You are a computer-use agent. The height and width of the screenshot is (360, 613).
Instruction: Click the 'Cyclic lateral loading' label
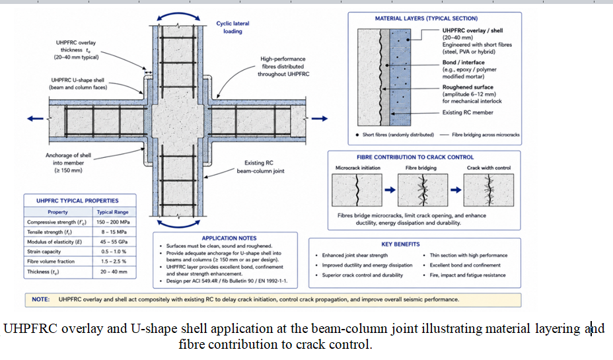coord(233,27)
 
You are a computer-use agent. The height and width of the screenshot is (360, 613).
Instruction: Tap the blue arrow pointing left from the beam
coord(35,118)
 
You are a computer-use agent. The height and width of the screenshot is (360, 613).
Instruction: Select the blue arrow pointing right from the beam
coord(320,118)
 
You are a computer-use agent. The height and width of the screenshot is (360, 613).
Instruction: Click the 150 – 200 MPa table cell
coord(113,222)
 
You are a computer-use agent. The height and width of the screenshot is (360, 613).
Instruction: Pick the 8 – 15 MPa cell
coord(114,232)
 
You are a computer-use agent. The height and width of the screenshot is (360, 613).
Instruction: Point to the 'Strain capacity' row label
coord(44,252)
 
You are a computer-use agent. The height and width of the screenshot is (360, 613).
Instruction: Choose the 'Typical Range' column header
coord(112,212)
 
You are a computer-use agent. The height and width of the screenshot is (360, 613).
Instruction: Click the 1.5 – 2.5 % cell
coord(114,261)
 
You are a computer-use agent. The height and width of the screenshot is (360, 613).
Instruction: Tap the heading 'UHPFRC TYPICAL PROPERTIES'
coord(77,201)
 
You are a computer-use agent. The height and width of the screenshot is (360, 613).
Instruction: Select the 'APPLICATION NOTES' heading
coord(229,238)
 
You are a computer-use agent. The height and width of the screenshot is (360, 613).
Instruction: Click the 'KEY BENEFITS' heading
coord(401,244)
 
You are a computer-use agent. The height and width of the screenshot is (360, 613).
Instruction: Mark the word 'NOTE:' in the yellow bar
coord(41,299)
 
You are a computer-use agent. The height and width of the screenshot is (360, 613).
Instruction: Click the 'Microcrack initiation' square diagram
coord(357,190)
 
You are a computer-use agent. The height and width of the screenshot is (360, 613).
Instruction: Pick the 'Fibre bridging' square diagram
coord(423,190)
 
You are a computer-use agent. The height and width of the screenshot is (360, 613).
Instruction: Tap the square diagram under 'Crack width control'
coord(489,190)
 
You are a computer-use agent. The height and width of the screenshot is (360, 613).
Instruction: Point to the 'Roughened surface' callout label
coord(468,87)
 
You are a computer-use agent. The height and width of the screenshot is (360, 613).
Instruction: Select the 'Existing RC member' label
coord(468,112)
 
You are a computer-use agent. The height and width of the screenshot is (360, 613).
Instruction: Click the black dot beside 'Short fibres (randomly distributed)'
coord(357,135)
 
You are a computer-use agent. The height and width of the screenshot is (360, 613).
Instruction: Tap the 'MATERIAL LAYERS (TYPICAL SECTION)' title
coord(426,18)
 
